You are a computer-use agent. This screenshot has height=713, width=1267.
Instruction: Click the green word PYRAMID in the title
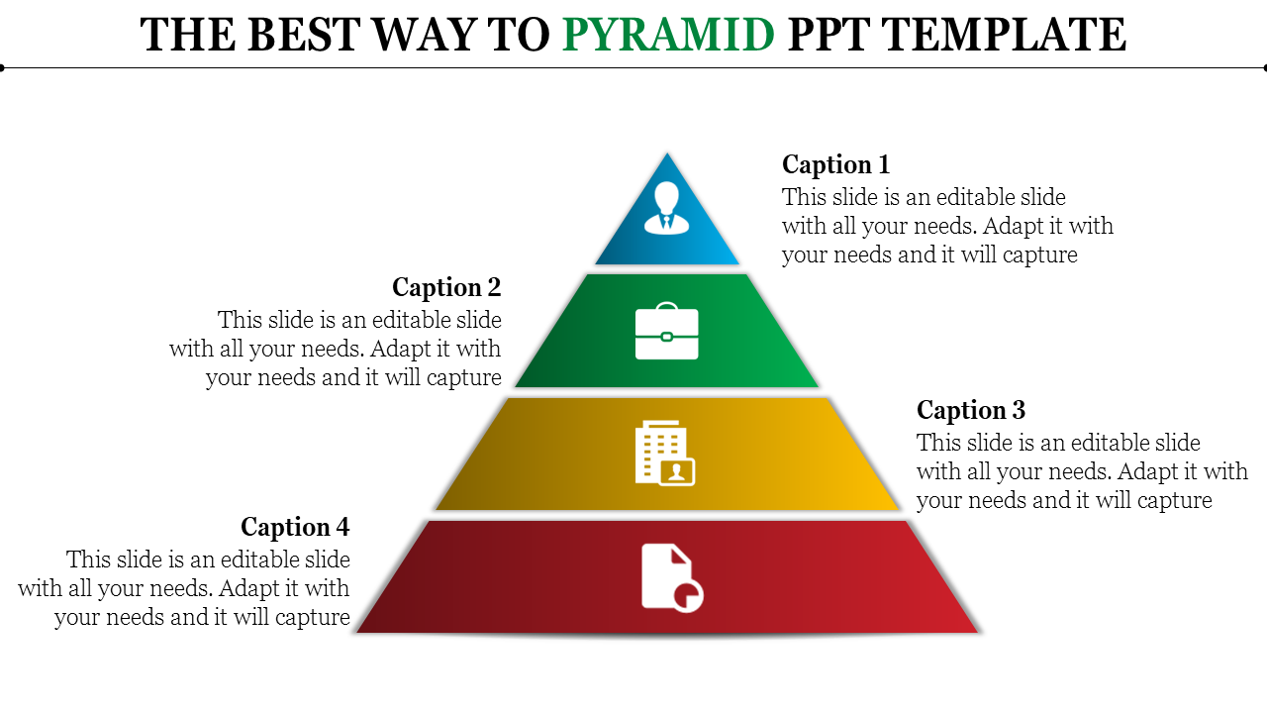pos(668,35)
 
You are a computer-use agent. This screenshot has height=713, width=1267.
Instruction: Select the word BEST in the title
pos(304,35)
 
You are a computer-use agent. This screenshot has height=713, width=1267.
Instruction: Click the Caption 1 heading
pos(836,164)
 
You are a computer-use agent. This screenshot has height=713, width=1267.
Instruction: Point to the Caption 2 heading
pos(446,287)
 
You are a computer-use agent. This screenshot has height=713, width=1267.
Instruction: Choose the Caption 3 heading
pos(971,410)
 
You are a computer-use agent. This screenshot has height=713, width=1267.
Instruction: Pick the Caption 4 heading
pos(295,527)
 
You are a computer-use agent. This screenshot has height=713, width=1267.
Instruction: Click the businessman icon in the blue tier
pos(667,208)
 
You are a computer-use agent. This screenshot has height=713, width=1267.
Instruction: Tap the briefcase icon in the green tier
pos(667,331)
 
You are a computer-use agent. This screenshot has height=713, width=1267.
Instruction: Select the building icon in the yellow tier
pos(665,453)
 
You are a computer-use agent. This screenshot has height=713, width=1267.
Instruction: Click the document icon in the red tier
pos(672,577)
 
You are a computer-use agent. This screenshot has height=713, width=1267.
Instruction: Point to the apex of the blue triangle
pos(667,153)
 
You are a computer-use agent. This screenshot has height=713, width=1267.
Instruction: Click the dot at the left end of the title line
pos(2,68)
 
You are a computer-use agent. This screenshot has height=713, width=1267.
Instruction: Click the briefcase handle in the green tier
pos(667,306)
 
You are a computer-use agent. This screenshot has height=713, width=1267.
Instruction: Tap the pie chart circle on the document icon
pos(688,596)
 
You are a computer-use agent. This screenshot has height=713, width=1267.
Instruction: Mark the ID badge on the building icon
pos(678,471)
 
